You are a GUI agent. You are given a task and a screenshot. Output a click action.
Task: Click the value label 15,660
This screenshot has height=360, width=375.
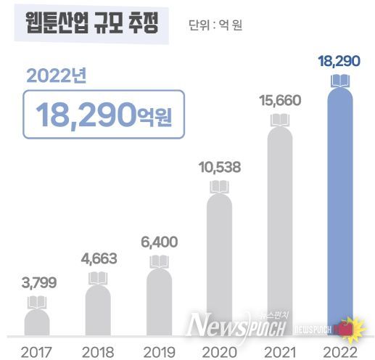pyautogui.click(x=279, y=101)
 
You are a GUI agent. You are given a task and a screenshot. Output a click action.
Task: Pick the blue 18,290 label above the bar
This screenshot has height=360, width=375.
pyautogui.click(x=339, y=60)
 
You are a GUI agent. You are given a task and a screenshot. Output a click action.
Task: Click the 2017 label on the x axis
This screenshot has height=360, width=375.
pyautogui.click(x=36, y=351)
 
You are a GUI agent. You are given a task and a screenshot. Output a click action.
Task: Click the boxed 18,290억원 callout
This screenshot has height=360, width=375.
pyautogui.click(x=103, y=114)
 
